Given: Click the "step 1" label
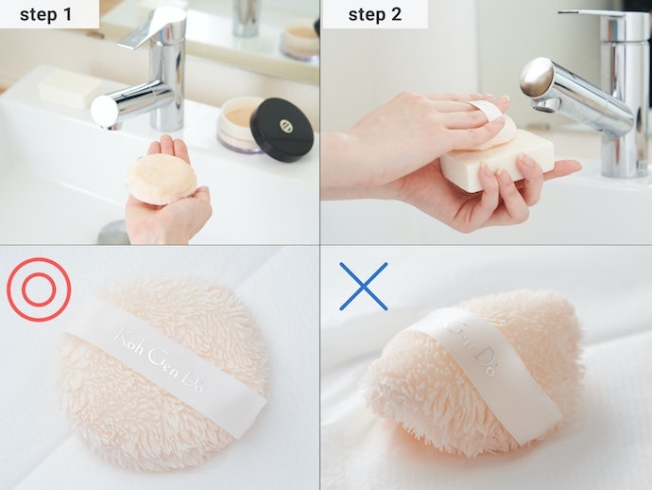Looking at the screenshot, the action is coord(45,14).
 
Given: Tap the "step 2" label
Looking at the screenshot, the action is coord(374,14).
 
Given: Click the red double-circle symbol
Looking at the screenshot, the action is coord(39,289).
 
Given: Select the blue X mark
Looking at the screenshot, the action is coord(364,287).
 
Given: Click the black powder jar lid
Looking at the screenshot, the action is coord(282,130).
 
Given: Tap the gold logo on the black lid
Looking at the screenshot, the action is coord(286,126).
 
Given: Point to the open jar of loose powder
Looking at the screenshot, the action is coord(240,124).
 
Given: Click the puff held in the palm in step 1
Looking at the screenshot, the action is coord(162,179).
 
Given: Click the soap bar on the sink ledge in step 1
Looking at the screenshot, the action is coord(70,89).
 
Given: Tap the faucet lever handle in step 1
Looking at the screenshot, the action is coord(153,27).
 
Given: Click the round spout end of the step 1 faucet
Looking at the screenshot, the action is coord(104,112).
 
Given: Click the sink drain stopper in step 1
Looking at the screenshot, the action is coord(113,233).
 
